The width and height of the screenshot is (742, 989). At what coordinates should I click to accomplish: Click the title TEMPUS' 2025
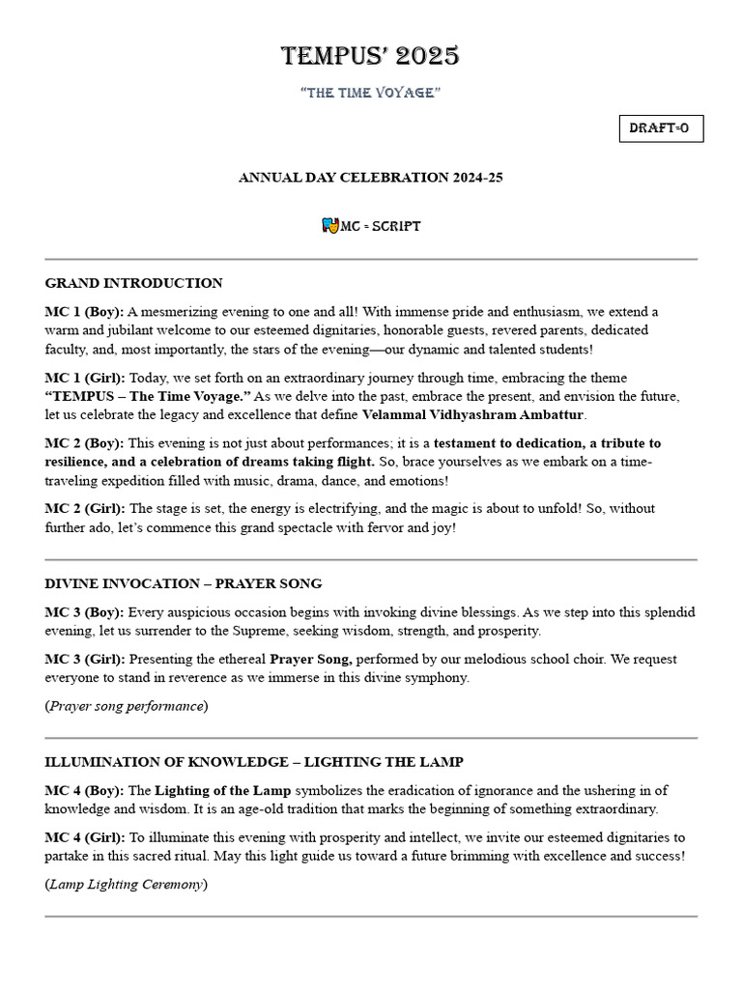click(370, 57)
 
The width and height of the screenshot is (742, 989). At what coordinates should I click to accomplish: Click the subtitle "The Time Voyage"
click(370, 92)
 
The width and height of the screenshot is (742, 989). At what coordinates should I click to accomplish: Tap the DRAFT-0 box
click(661, 128)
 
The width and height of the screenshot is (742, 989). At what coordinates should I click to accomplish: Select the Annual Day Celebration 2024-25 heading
click(370, 178)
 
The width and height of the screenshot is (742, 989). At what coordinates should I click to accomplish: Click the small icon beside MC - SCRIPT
click(329, 225)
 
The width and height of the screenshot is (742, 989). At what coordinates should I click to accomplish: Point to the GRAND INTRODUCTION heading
click(133, 283)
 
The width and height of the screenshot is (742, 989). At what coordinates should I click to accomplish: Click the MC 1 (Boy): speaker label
click(84, 312)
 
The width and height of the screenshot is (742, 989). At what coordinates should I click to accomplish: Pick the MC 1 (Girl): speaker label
click(85, 378)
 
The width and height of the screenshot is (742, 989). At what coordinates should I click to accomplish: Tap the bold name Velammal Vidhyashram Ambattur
click(473, 414)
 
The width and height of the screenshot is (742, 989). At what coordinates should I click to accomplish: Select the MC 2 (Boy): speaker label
click(84, 443)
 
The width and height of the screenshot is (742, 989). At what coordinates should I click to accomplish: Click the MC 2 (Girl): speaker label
click(85, 509)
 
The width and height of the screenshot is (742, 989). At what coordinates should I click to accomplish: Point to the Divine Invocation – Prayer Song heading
click(184, 583)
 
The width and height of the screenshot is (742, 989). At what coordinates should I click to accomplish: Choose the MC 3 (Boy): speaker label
click(84, 612)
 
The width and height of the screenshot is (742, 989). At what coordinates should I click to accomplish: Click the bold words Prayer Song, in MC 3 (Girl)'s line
click(311, 660)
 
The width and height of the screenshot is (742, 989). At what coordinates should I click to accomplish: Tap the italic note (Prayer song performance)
click(127, 706)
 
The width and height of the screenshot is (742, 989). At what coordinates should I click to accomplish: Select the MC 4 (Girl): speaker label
click(85, 837)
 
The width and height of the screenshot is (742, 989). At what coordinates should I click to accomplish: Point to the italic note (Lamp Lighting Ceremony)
click(127, 884)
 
